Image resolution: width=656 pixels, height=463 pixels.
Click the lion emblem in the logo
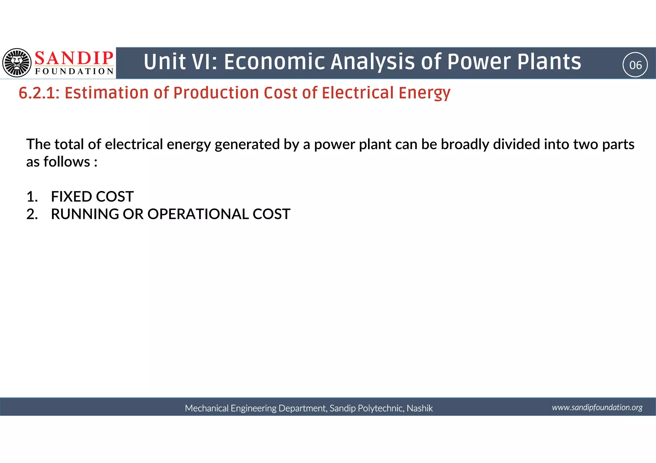click(x=17, y=63)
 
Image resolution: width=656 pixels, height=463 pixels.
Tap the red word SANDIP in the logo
click(x=74, y=59)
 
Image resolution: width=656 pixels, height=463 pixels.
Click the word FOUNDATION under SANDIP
click(x=74, y=71)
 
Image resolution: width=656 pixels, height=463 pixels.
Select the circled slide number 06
click(x=635, y=65)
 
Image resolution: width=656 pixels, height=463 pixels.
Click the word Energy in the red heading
click(x=424, y=93)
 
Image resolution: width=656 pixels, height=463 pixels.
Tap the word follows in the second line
click(x=67, y=162)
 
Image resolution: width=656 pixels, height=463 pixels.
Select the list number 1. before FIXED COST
click(x=32, y=196)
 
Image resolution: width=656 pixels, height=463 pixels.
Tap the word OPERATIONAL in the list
click(x=198, y=214)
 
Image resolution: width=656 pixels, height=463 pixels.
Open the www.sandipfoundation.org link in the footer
click(x=597, y=407)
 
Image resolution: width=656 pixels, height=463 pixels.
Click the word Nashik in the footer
click(x=420, y=408)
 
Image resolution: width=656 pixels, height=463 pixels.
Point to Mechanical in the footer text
click(x=206, y=408)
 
